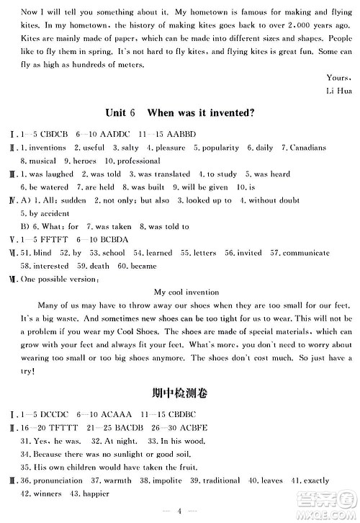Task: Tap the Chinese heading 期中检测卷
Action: tap(179, 393)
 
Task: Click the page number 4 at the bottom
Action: tap(179, 510)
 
